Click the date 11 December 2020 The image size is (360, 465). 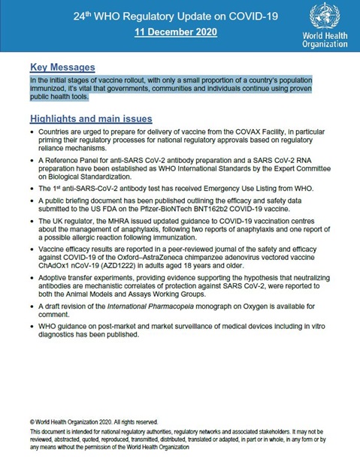[x=176, y=32]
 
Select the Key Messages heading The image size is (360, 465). [x=62, y=67]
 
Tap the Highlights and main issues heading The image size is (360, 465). [x=91, y=119]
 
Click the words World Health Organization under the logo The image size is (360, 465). [x=325, y=40]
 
